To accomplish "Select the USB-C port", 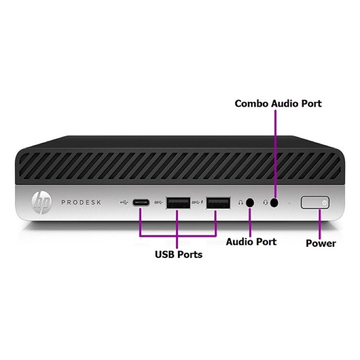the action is tap(141, 203).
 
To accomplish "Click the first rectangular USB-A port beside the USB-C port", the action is tap(178, 203).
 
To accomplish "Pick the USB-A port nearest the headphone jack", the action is tap(218, 203).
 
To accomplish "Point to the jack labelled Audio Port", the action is tap(250, 203).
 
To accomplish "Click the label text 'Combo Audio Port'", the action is tap(278, 103).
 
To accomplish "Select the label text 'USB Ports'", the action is tap(179, 255).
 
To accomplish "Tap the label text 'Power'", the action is tap(321, 243).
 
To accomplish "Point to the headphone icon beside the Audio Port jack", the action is tap(241, 203).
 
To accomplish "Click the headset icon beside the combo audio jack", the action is tap(265, 203).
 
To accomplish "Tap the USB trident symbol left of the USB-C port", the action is tap(124, 202).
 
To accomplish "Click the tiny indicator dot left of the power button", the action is tap(289, 203).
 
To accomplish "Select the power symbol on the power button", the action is tap(324, 203).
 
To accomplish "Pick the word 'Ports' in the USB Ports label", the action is tap(190, 255).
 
